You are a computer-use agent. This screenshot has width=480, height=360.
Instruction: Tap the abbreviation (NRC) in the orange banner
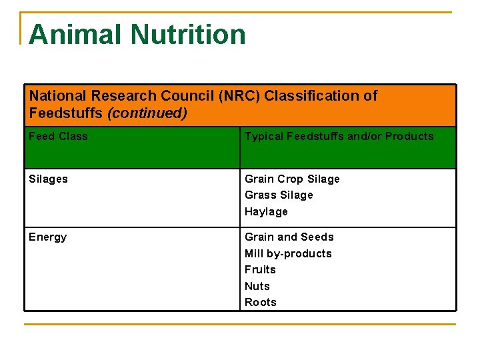(x=239, y=96)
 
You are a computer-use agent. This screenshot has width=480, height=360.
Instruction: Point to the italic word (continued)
(x=147, y=113)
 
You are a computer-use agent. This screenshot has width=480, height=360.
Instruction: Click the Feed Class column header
(x=58, y=137)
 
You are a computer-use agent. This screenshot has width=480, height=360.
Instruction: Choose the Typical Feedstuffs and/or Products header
(x=339, y=137)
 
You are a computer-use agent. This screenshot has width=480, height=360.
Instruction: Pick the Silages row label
(x=48, y=179)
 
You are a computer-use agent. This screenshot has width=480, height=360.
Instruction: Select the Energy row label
(x=47, y=237)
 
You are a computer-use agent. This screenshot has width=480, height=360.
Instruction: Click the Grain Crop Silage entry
(x=292, y=179)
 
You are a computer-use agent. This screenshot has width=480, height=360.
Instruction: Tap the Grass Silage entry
(x=279, y=195)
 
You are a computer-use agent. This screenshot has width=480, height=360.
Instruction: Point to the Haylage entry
(x=266, y=212)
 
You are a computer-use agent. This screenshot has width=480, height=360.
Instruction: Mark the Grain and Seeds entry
(x=289, y=237)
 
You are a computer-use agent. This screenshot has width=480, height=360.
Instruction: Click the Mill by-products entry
(x=288, y=254)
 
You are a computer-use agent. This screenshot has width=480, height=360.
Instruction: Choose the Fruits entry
(x=260, y=270)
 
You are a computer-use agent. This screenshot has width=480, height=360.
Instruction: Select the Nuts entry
(x=257, y=287)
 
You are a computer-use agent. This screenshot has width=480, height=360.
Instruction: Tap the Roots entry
(x=261, y=303)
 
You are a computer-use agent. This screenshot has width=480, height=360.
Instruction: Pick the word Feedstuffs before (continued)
(x=66, y=113)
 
